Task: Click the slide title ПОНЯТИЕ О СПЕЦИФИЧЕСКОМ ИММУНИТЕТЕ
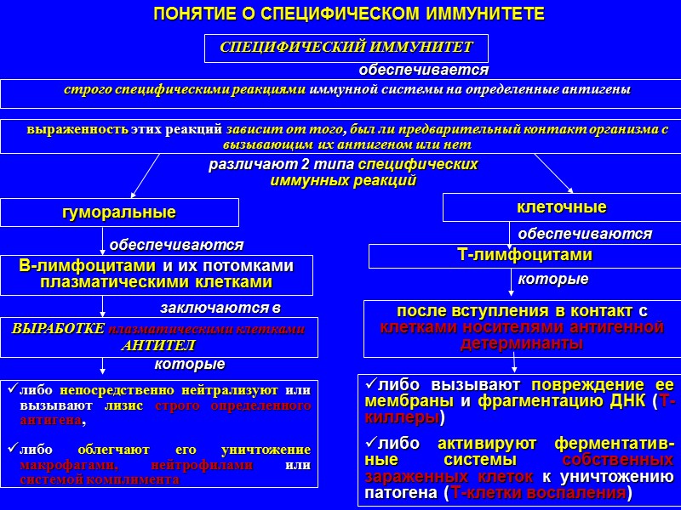[347, 15]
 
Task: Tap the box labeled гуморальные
[119, 212]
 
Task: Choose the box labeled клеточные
[562, 207]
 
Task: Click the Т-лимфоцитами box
[524, 255]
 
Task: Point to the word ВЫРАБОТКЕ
[59, 328]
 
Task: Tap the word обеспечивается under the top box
[423, 69]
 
